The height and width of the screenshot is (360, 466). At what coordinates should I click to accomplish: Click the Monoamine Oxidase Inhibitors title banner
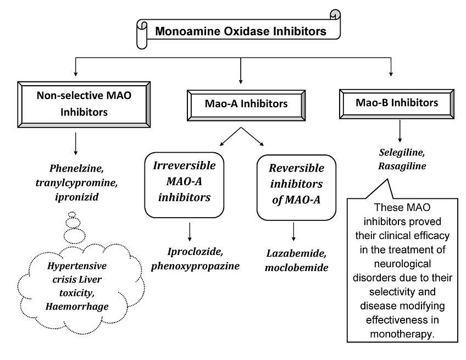(240, 31)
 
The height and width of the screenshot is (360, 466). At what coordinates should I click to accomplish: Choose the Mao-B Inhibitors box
(396, 102)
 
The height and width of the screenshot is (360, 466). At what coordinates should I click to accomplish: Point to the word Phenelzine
(76, 169)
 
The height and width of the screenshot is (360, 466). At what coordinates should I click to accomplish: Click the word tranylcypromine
(76, 182)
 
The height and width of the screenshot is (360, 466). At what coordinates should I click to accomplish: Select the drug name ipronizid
(76, 196)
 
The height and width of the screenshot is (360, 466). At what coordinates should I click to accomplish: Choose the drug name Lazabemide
(297, 255)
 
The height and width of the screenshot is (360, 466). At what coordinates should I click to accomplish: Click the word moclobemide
(297, 268)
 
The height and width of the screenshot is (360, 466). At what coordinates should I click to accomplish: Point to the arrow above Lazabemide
(295, 231)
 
